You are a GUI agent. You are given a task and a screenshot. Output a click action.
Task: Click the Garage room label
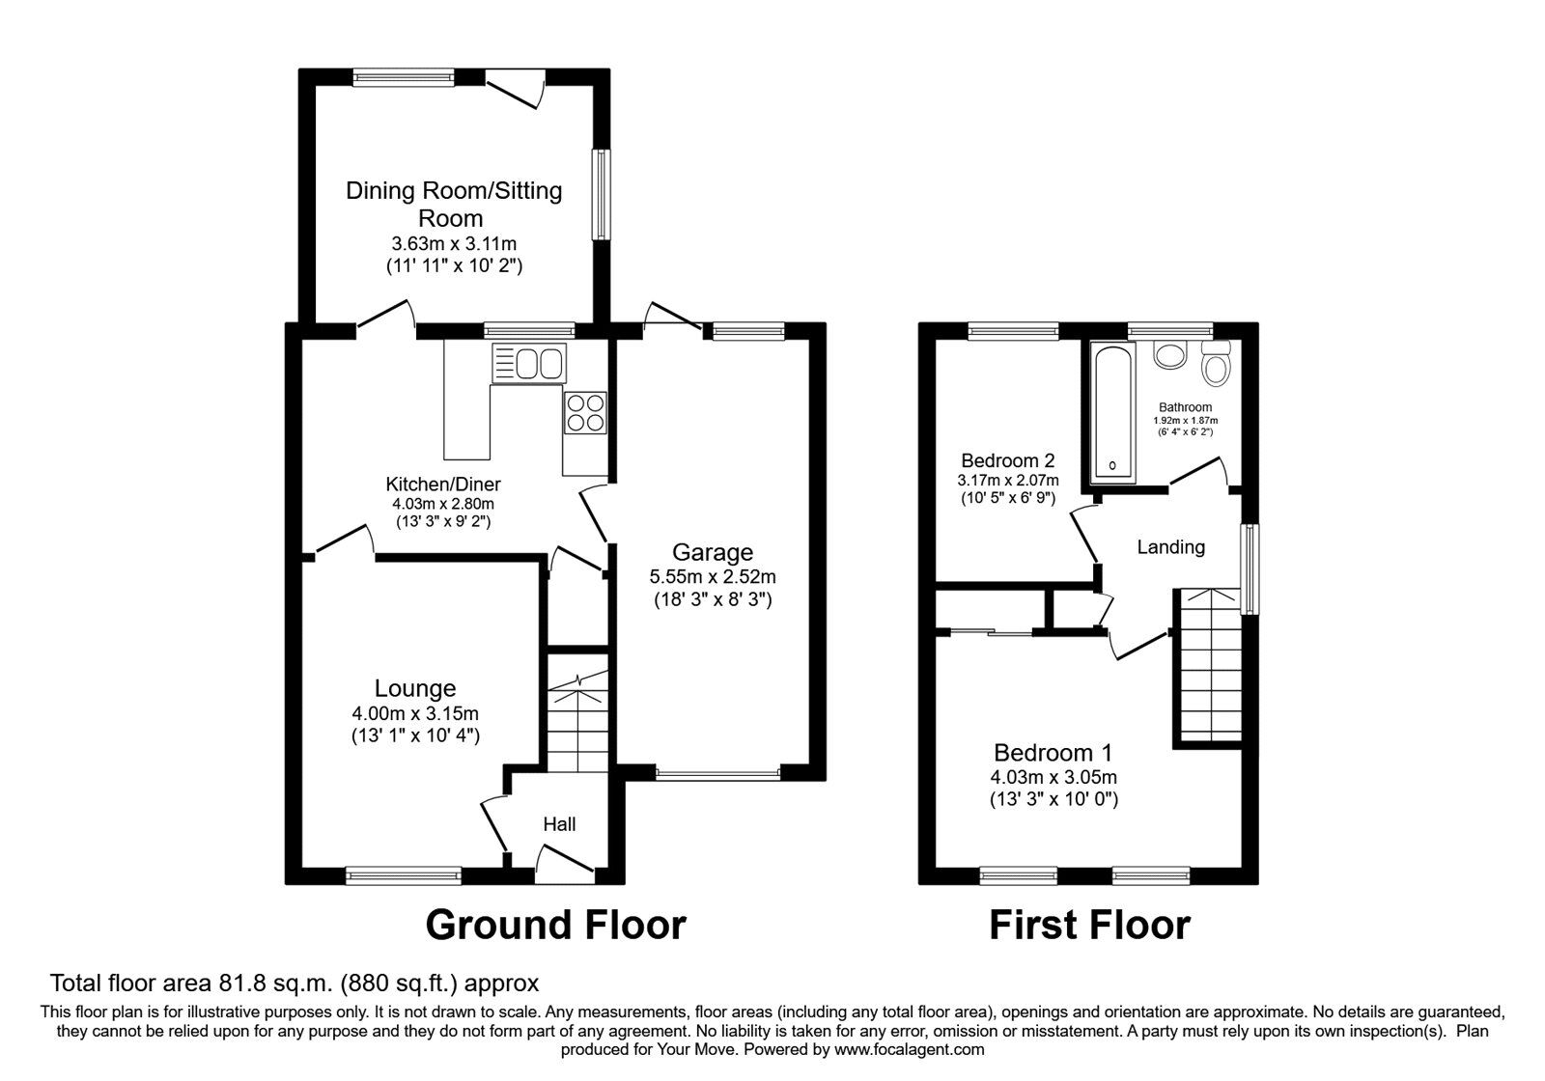712,553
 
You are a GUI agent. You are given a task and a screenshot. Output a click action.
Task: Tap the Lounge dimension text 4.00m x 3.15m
415,713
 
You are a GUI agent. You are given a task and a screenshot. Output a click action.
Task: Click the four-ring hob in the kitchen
585,412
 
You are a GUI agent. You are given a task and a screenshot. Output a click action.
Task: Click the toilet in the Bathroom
1215,367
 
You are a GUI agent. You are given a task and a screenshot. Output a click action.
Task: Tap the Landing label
1170,547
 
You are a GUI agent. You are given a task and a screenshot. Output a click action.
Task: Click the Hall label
559,824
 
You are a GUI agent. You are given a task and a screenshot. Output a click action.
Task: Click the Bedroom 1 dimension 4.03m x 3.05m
1053,777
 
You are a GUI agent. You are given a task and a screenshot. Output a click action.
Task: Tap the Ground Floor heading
555,925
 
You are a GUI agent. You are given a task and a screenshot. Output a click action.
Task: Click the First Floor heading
1088,925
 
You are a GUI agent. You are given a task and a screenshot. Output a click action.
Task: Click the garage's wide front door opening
716,773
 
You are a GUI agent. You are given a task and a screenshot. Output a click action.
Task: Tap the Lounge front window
404,875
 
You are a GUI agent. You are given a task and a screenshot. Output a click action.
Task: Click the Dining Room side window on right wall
602,194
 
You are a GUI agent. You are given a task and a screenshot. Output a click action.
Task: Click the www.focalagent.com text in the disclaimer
909,1049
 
